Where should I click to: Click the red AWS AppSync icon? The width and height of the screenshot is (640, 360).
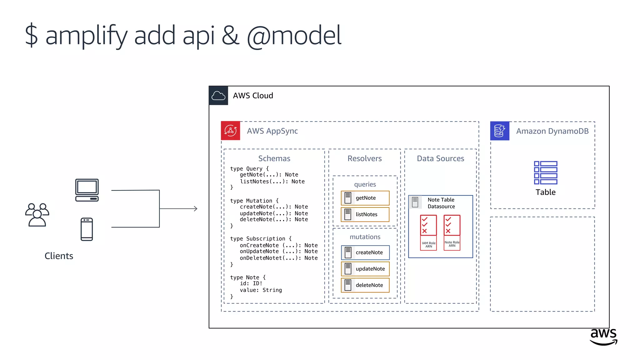pyautogui.click(x=230, y=131)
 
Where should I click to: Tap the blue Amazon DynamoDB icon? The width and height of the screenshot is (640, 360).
pyautogui.click(x=499, y=131)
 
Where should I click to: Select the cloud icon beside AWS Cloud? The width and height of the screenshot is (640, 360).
pyautogui.click(x=218, y=96)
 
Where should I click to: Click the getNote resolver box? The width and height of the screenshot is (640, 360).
pyautogui.click(x=365, y=198)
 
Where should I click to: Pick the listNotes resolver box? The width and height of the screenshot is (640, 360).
pyautogui.click(x=365, y=214)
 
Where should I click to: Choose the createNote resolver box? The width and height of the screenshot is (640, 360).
pyautogui.click(x=365, y=252)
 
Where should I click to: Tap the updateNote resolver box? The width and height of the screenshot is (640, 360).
pyautogui.click(x=365, y=269)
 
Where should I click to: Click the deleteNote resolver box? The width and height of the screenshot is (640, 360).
pyautogui.click(x=365, y=285)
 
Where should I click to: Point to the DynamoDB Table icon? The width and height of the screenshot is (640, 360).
pyautogui.click(x=545, y=172)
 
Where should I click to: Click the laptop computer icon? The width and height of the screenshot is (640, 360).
pyautogui.click(x=87, y=190)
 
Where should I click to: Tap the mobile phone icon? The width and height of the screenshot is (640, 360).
pyautogui.click(x=87, y=229)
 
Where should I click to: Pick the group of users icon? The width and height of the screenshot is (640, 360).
pyautogui.click(x=37, y=215)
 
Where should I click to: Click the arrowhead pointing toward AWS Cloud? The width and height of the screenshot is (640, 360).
pyautogui.click(x=195, y=208)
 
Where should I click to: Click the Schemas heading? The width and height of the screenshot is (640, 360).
pyautogui.click(x=274, y=158)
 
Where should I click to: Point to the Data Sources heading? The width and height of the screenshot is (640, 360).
pyautogui.click(x=440, y=158)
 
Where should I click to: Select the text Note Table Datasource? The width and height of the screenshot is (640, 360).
pyautogui.click(x=441, y=203)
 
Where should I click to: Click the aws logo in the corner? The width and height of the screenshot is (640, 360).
pyautogui.click(x=603, y=337)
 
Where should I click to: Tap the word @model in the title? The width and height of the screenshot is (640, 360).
pyautogui.click(x=294, y=36)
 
